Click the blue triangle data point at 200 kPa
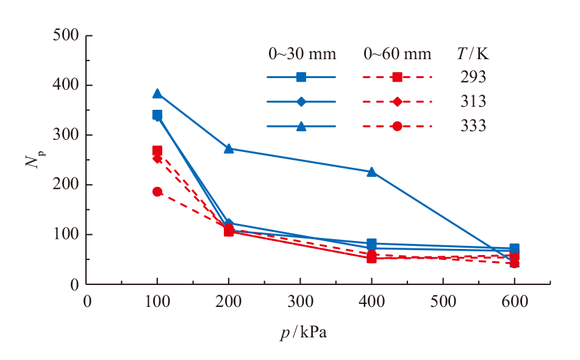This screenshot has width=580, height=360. (229, 148)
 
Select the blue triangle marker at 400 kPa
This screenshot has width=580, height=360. (371, 172)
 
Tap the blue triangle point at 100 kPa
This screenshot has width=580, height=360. (157, 93)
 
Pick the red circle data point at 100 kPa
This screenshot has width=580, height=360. (157, 192)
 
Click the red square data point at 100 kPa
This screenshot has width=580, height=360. (157, 151)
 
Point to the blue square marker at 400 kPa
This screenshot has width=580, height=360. (371, 243)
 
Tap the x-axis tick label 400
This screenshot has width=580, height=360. (371, 302)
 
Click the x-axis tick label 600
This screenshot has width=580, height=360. (514, 302)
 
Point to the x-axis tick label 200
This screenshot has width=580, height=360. (229, 302)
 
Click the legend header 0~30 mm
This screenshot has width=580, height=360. (303, 54)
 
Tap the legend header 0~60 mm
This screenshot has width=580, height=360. (397, 54)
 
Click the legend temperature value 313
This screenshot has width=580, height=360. (474, 102)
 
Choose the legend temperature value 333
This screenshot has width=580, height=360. (474, 126)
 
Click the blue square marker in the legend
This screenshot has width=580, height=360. (301, 77)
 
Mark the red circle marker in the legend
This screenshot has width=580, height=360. (397, 126)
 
